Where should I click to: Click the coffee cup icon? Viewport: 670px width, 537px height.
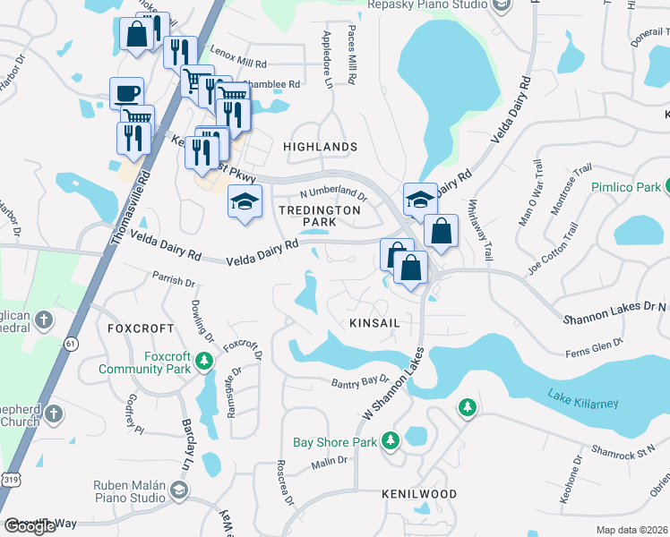pyautogui.click(x=126, y=93)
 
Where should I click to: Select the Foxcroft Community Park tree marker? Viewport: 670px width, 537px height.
pyautogui.click(x=204, y=361)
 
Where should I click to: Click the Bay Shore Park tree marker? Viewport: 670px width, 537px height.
pyautogui.click(x=390, y=440)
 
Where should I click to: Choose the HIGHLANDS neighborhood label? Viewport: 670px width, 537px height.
pyautogui.click(x=320, y=146)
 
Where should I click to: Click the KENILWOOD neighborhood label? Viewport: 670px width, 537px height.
pyautogui.click(x=418, y=494)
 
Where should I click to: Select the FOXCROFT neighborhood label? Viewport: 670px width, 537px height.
pyautogui.click(x=133, y=328)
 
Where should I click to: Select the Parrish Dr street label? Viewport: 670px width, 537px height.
pyautogui.click(x=173, y=280)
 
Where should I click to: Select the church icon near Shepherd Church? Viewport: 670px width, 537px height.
pyautogui.click(x=54, y=413)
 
